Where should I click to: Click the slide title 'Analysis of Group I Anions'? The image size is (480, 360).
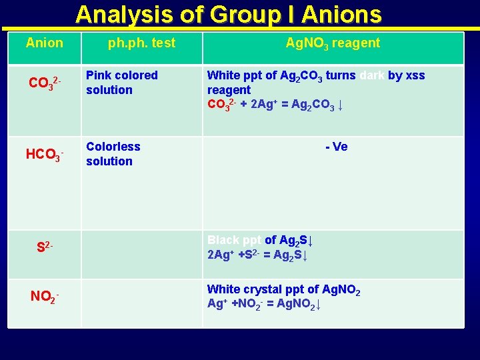click(228, 15)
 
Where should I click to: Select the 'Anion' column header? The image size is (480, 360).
click(45, 43)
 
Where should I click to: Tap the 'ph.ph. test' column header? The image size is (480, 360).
click(142, 43)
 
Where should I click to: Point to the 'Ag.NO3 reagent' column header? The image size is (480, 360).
click(333, 43)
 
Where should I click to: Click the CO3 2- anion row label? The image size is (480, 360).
click(45, 83)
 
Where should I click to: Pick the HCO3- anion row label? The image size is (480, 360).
click(45, 155)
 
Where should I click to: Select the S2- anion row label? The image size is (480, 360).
click(45, 247)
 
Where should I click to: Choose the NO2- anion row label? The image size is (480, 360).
click(45, 295)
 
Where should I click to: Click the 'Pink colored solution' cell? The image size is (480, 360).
click(122, 83)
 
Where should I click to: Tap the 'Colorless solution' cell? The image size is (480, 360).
click(113, 154)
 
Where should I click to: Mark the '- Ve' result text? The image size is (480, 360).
click(337, 147)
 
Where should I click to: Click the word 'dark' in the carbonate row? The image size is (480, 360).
click(372, 75)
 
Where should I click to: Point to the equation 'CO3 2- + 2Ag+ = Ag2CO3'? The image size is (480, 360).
click(275, 105)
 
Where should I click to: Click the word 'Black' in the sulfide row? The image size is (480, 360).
click(223, 240)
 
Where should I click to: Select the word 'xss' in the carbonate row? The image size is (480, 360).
click(415, 75)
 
